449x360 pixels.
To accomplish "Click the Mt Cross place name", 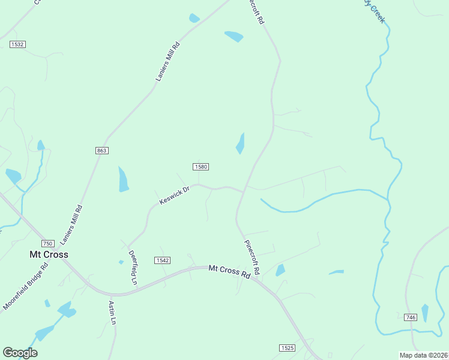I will [49, 254].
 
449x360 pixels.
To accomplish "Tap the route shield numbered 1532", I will [17, 44].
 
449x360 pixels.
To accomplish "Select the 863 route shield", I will [101, 150].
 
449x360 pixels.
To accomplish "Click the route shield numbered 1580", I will [200, 166].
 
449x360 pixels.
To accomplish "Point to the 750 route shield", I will [48, 243].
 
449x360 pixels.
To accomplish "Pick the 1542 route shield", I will [162, 260].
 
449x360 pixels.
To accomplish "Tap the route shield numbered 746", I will [411, 317].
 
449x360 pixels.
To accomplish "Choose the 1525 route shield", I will [287, 348].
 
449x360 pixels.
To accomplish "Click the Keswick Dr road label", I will [175, 195].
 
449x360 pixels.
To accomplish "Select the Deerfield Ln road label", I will [133, 268].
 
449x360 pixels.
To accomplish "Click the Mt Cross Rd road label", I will [229, 271].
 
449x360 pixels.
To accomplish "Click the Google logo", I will [20, 353].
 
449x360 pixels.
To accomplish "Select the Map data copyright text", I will [424, 355].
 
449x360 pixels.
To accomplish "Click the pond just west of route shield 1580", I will [123, 179].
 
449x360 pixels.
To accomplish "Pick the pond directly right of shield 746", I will [425, 313].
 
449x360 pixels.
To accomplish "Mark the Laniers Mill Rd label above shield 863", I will [167, 61].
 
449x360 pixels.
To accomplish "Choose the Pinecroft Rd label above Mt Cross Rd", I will [252, 257].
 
